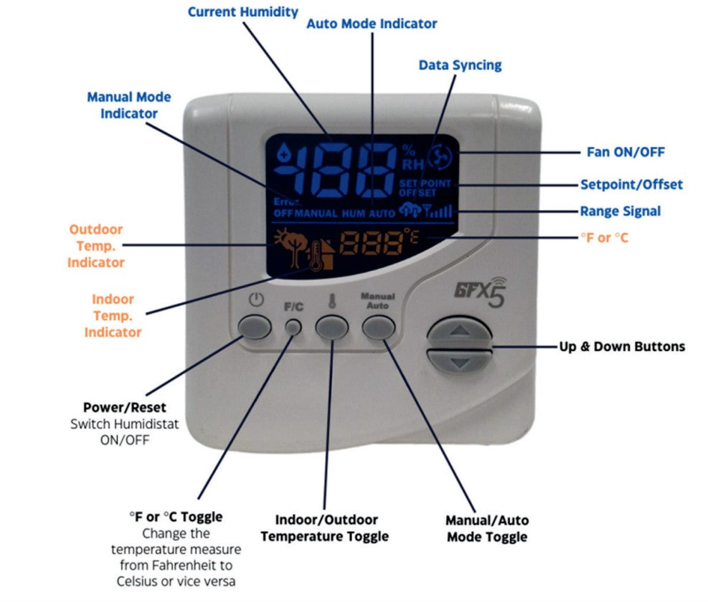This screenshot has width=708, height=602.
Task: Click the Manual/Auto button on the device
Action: pos(379,328)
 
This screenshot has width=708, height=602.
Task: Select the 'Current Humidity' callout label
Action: pos(242,11)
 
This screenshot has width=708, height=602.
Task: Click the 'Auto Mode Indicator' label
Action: pos(372,24)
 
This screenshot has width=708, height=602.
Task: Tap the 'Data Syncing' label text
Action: pos(460,65)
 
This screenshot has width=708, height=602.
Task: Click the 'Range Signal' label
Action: pos(620,211)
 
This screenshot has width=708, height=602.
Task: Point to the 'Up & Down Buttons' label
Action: pos(621,347)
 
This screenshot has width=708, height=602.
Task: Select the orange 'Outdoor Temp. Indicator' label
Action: pos(95,246)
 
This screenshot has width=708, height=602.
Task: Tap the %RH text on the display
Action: pos(410,156)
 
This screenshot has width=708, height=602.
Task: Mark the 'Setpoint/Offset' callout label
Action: pos(631,185)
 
